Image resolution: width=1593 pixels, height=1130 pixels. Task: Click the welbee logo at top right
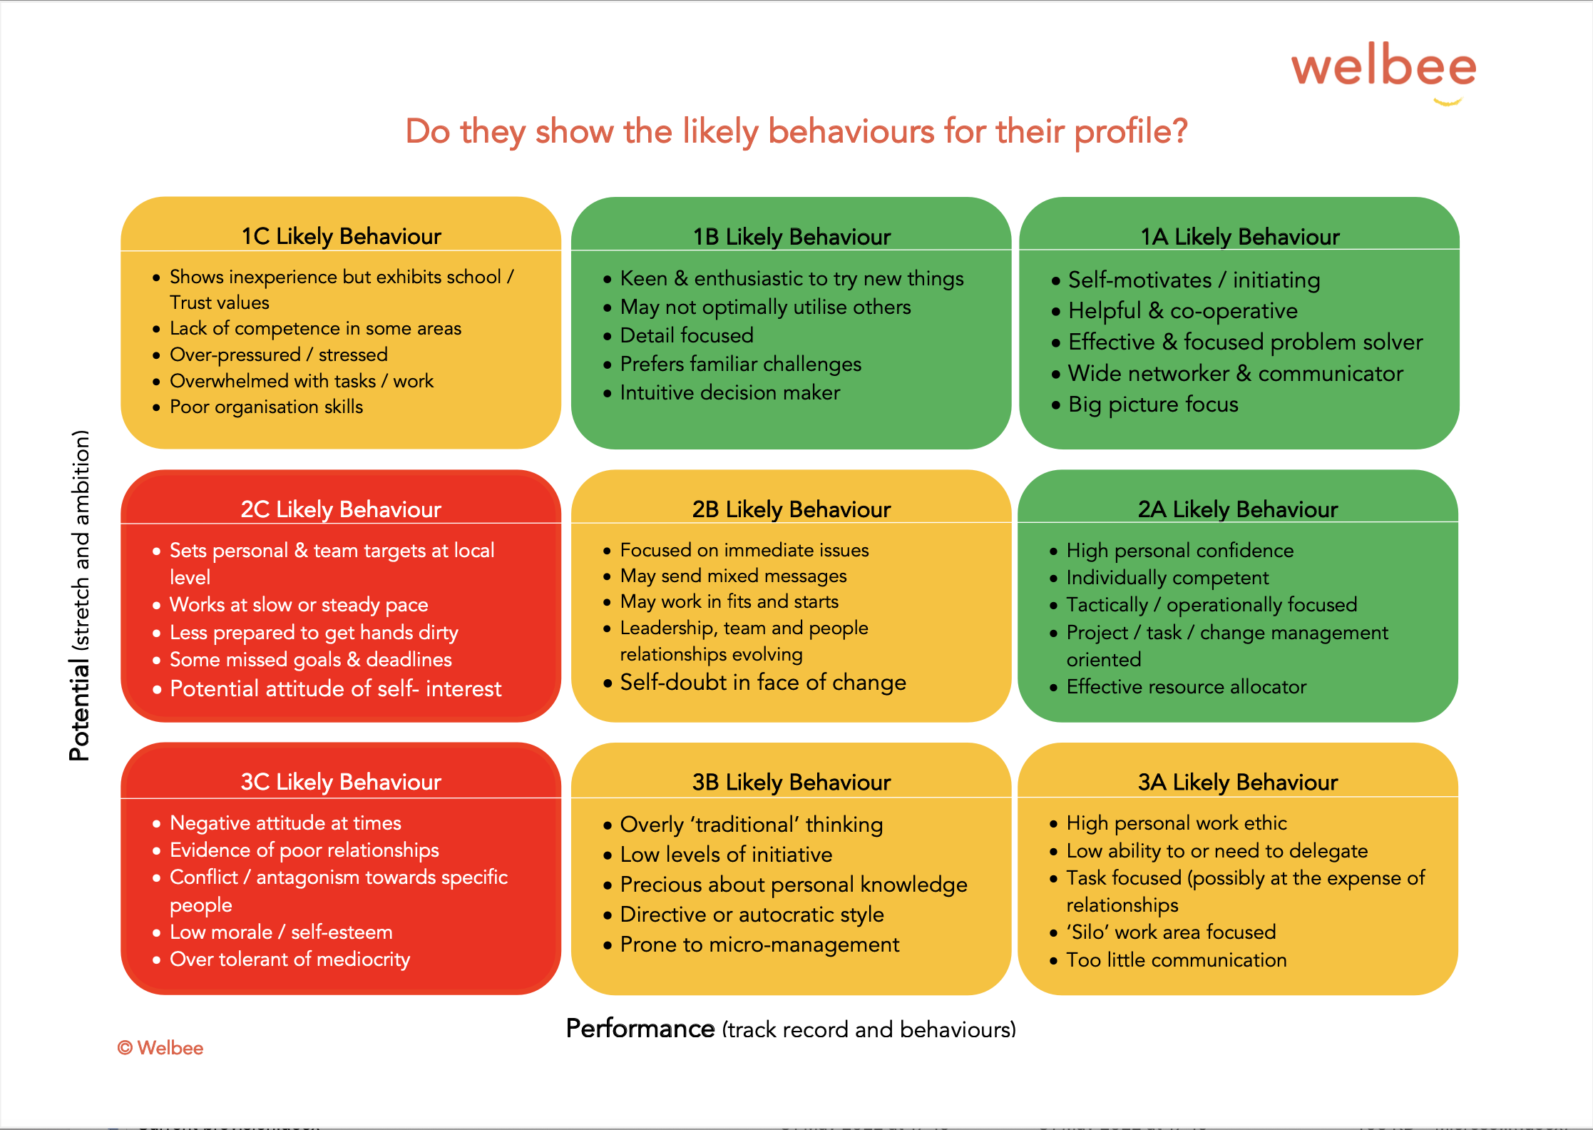(1383, 71)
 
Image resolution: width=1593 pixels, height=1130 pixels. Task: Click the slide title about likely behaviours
(796, 132)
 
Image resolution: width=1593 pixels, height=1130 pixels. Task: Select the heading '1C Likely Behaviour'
(341, 236)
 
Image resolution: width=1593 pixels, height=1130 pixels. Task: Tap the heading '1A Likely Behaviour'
(1240, 237)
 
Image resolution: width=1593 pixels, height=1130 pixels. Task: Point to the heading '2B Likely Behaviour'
(792, 509)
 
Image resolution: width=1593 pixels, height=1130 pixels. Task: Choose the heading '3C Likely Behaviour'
(341, 782)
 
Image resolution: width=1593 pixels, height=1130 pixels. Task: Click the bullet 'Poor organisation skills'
(266, 407)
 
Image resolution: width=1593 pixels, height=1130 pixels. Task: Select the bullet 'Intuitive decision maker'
(730, 392)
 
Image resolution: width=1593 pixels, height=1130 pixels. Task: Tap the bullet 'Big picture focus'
(1153, 404)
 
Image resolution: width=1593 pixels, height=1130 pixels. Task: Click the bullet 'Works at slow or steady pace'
(299, 605)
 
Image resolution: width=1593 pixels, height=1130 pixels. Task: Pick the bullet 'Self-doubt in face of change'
(763, 683)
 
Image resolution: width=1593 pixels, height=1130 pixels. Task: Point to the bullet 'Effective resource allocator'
(1187, 687)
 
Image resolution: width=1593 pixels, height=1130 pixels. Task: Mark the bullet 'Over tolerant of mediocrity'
(290, 960)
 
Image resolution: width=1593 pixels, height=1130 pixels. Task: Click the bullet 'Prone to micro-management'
(759, 945)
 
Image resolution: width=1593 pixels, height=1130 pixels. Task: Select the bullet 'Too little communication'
(1177, 960)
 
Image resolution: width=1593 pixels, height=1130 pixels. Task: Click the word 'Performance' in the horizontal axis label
(640, 1029)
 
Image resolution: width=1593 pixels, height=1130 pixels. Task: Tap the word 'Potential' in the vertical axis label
(79, 710)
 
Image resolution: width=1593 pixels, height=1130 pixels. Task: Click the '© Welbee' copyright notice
(160, 1048)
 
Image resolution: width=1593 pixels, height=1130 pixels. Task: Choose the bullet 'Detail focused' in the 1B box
(687, 335)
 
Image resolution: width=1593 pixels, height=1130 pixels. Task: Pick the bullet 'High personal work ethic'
(1177, 823)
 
